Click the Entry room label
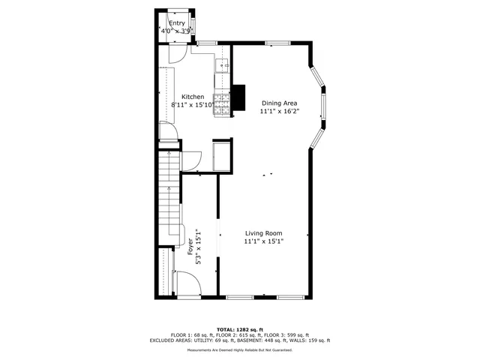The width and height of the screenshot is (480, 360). point(176,23)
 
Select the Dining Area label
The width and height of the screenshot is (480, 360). point(279,103)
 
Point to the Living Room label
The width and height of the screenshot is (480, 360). point(263,233)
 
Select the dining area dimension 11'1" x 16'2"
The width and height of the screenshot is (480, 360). point(279,111)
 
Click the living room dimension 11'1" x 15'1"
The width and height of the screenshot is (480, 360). point(263,241)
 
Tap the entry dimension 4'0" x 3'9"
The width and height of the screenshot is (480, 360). point(177,31)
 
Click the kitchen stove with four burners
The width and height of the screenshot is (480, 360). point(222,105)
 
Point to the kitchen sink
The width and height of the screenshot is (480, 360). point(223,67)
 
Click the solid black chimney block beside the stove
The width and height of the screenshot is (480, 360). point(238,96)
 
